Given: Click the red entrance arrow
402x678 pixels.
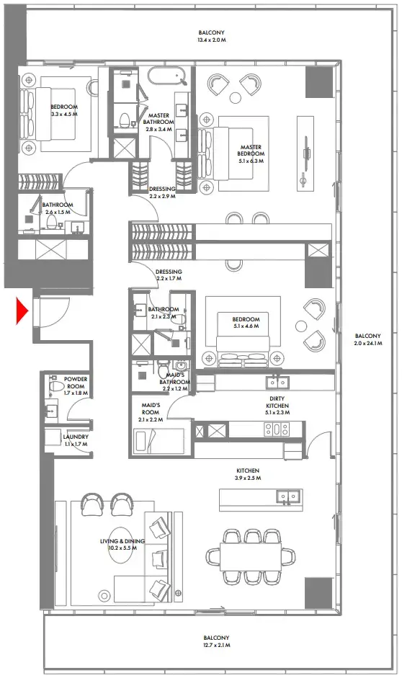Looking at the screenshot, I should point(22,311).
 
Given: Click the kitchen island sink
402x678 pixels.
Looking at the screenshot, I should point(290,496).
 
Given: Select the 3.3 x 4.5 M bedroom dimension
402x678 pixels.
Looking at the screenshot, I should point(64,114).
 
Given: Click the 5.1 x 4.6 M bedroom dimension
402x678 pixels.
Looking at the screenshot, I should point(245,326).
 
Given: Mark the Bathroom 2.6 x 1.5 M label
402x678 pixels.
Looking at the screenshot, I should point(57,208).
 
